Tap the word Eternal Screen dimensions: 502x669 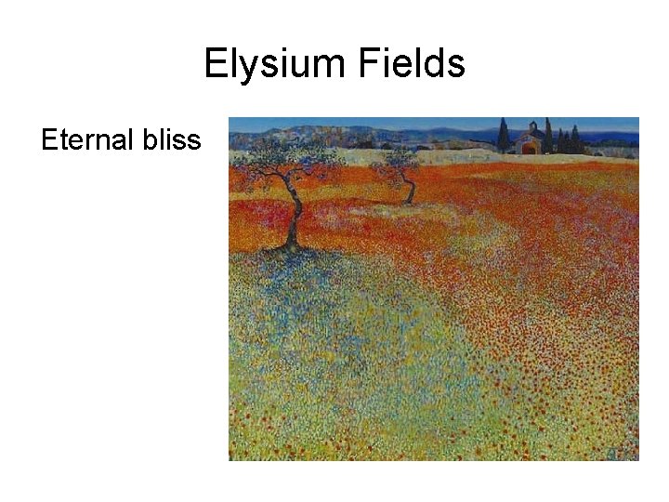coord(84,140)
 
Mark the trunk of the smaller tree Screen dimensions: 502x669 coord(407,191)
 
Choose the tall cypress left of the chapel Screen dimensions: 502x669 coord(503,136)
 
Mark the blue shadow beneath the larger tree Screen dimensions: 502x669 coord(279,265)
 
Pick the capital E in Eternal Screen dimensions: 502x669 coord(49,140)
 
